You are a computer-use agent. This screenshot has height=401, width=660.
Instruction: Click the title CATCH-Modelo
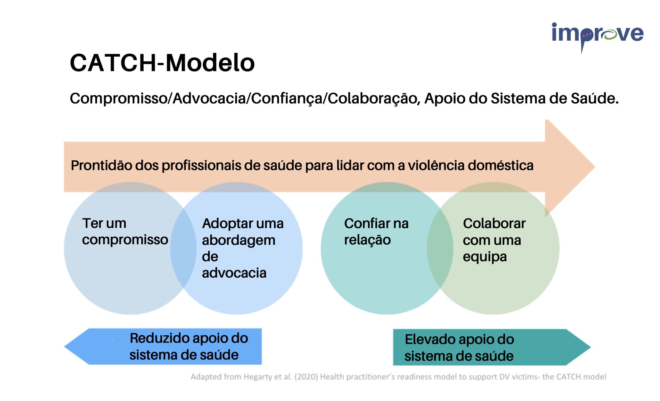[x=162, y=63]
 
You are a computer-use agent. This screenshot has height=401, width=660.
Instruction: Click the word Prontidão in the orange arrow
[x=102, y=165]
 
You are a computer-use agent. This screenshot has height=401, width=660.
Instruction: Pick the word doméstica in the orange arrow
[x=501, y=165]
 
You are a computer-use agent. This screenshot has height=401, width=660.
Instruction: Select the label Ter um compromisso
[x=125, y=231]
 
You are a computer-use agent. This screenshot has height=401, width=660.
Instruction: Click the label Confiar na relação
[x=376, y=231]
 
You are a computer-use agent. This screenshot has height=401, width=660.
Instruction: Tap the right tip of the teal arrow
[x=590, y=347]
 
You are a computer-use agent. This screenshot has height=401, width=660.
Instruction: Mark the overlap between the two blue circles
[x=184, y=248]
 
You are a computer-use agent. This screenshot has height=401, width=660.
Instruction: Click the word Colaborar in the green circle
[x=494, y=223]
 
